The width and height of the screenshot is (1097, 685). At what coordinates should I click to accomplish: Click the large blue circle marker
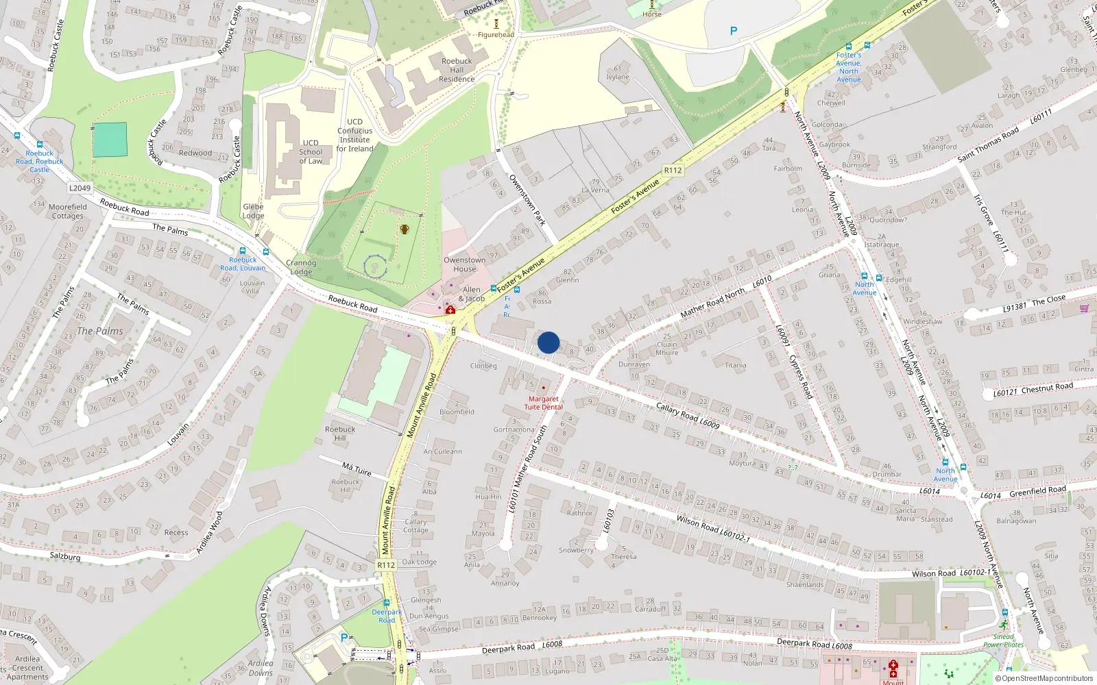tap(548, 342)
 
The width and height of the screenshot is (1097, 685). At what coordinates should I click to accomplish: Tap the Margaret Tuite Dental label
tap(544, 403)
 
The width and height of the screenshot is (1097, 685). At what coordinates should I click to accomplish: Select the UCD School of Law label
tap(311, 152)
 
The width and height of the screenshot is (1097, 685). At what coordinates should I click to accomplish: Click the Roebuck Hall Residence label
tap(457, 70)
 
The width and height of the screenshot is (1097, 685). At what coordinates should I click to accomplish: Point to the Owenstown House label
tap(464, 264)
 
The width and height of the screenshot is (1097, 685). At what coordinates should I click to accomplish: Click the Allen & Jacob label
tap(472, 294)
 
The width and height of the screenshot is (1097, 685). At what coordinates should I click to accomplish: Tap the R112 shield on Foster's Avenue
tap(673, 171)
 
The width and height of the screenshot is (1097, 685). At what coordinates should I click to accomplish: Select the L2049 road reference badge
tap(80, 188)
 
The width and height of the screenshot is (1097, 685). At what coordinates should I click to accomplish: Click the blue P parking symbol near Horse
tap(734, 31)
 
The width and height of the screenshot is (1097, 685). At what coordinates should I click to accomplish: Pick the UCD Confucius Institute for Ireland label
tap(354, 135)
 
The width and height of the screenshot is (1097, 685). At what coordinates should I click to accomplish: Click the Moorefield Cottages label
tap(68, 211)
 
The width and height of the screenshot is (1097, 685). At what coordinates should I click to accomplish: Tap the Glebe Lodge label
tap(253, 211)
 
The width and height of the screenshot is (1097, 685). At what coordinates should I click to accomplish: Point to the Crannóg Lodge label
tap(301, 267)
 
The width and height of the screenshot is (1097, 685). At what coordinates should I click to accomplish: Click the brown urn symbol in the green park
tap(405, 229)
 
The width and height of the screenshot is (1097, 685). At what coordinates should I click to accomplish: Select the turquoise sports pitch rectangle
tap(110, 140)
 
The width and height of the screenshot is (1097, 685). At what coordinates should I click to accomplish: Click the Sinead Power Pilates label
tap(1003, 640)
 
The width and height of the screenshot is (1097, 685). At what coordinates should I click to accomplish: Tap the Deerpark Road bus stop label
tap(387, 616)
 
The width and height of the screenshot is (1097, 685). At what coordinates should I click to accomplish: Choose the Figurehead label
tap(496, 34)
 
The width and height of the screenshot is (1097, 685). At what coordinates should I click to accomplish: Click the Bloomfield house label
tap(457, 412)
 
